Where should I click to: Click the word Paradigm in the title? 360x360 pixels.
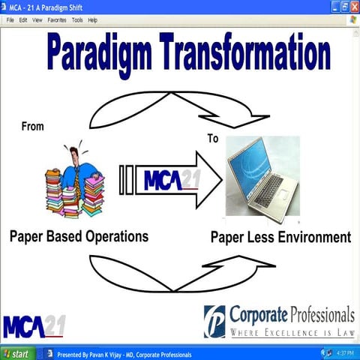click(x=100, y=54)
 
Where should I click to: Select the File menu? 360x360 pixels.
click(x=10, y=20)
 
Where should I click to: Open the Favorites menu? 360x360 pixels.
click(x=57, y=20)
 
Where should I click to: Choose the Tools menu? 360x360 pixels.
click(x=77, y=20)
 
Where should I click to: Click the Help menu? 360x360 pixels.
click(x=93, y=20)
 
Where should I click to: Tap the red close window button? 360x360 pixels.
click(x=353, y=6)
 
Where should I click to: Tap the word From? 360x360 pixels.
click(x=33, y=126)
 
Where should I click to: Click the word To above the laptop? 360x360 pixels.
click(x=213, y=139)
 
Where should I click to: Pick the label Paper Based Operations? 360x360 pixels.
click(x=79, y=236)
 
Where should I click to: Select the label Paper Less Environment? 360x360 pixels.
click(x=280, y=238)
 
